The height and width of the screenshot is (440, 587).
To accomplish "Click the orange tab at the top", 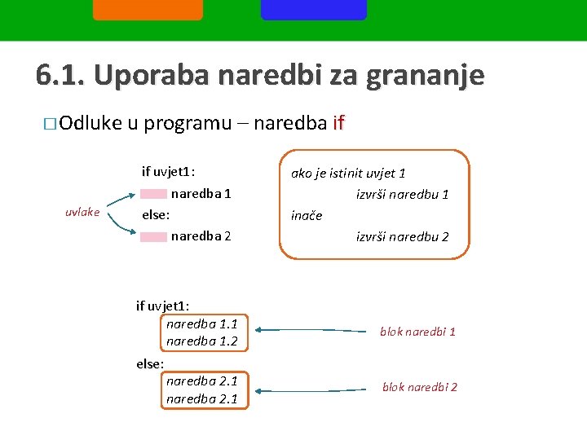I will [x=148, y=9].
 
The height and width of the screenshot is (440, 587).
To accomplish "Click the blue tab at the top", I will [x=313, y=9].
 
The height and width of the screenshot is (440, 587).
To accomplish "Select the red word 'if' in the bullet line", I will [x=339, y=123].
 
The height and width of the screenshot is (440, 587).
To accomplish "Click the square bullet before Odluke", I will [x=51, y=125].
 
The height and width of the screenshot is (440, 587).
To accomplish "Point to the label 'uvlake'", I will [x=82, y=212].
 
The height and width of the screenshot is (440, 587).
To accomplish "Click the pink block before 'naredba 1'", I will [x=153, y=194].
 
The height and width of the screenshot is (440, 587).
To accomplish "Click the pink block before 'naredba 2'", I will [x=153, y=236].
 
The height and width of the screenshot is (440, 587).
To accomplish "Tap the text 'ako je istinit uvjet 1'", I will [x=348, y=173].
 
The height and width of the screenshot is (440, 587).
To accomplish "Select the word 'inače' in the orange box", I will [x=307, y=216].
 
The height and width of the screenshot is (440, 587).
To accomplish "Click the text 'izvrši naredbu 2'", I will [x=402, y=237].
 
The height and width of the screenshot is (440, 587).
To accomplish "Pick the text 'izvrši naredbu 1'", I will [x=402, y=195].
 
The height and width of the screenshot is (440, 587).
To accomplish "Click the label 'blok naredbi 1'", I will [x=417, y=332].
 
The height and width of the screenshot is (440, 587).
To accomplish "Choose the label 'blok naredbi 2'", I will [x=419, y=387].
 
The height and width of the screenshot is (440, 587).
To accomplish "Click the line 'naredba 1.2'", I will [x=201, y=341].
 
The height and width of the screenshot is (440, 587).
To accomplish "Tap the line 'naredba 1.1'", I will [x=201, y=323].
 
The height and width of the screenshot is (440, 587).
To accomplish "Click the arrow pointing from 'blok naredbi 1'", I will [x=310, y=330].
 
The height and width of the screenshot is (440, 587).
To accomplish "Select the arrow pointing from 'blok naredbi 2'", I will [x=310, y=390].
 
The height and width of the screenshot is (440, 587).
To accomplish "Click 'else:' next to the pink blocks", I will [x=156, y=215].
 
